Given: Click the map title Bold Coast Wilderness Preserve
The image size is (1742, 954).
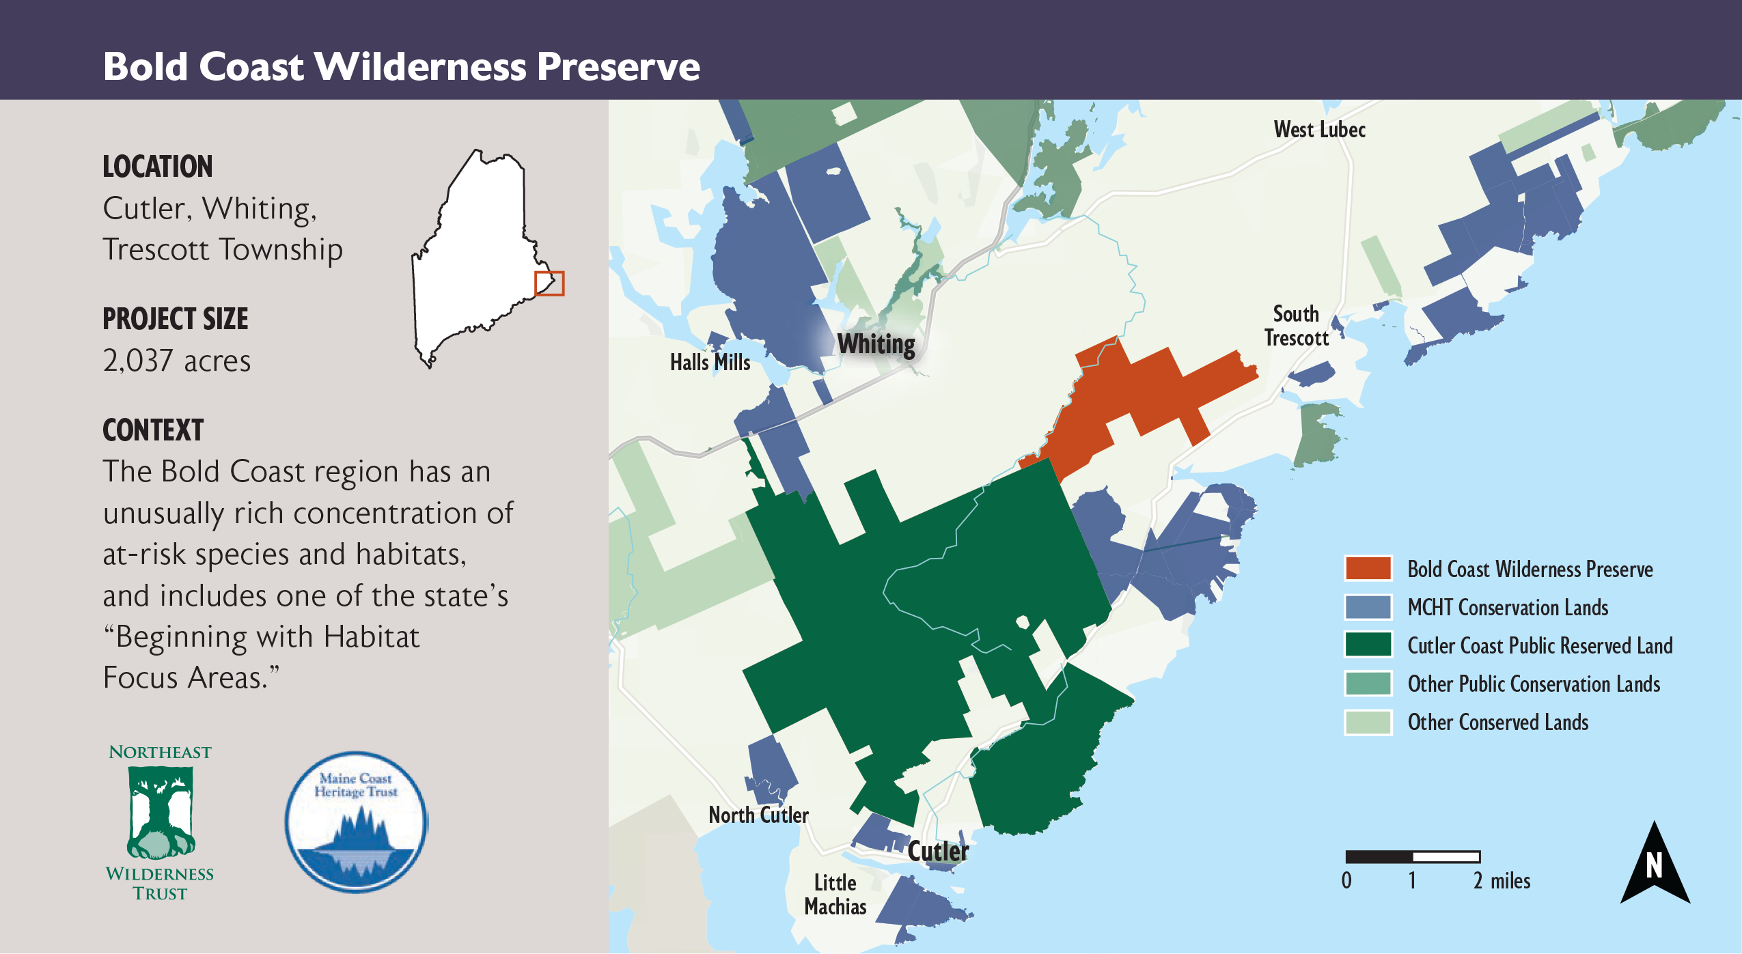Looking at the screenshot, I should point(401,66).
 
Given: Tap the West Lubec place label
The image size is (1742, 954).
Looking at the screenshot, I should point(1319,129).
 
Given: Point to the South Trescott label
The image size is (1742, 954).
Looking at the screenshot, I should point(1296,326).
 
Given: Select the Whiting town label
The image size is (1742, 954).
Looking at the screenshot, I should point(876,343).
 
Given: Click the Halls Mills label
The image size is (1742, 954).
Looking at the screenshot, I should point(710,362).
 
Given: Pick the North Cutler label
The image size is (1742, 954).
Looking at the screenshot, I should point(758,815).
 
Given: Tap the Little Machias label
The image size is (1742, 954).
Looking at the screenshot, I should point(835,894).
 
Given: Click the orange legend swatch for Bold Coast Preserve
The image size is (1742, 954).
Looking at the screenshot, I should point(1368,568).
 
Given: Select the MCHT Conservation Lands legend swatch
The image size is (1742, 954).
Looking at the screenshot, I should point(1368,606).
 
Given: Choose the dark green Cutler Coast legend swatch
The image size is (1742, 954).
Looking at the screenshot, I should point(1368,645).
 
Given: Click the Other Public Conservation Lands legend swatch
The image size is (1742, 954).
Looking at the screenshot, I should point(1368,683).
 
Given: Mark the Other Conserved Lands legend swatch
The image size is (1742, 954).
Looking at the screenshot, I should point(1368,722).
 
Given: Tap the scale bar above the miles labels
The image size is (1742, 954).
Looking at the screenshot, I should point(1412,856).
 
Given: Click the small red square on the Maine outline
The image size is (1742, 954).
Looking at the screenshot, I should point(549,283).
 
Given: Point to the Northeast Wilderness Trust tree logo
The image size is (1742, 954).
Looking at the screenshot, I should point(161,819).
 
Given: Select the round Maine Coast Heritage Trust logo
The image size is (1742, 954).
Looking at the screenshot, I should point(356,822).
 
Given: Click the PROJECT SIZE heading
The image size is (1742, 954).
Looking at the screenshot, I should point(176,319).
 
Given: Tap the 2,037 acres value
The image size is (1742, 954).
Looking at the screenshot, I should point(177,361).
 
